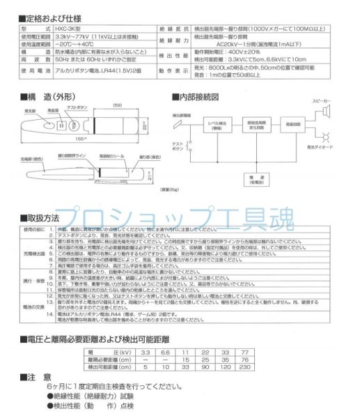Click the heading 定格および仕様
[x=53, y=15]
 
